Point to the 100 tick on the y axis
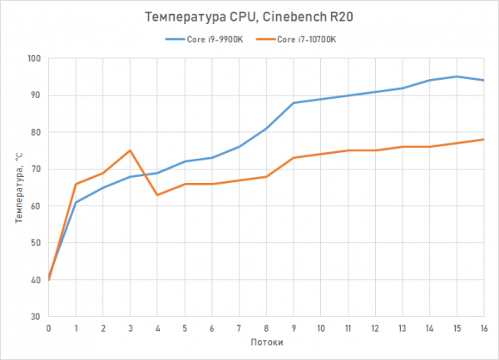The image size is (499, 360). coord(34,58)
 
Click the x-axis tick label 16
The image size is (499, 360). coord(483,328)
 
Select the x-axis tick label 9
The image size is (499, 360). coord(294,328)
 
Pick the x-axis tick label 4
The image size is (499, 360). coord(158,328)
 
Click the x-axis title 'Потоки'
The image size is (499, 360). coord(266,343)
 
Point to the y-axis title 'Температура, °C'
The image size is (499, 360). coord(17,187)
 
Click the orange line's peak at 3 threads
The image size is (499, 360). coord(131,150)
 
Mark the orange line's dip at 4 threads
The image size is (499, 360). coord(158,195)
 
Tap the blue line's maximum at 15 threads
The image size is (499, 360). coord(456,76)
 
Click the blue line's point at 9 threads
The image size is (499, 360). coord(294,102)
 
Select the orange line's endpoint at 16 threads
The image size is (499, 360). coord(483,140)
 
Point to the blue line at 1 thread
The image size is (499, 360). coord(77,202)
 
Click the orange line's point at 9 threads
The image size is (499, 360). coord(294,158)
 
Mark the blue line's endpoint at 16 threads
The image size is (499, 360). coord(483,80)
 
